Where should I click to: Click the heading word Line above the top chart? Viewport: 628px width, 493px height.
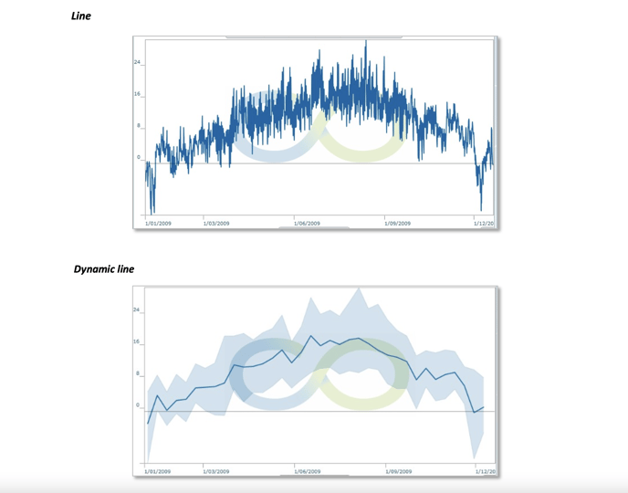tap(81, 16)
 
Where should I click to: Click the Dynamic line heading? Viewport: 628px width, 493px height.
tap(104, 269)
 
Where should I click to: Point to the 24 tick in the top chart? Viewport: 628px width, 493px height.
tap(138, 62)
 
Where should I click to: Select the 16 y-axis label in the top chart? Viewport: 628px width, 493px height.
tap(138, 94)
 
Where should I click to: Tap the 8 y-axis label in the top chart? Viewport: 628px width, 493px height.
tap(139, 126)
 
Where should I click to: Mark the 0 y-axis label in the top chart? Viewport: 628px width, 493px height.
tap(139, 157)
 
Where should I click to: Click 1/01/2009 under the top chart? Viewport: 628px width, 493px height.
tap(158, 223)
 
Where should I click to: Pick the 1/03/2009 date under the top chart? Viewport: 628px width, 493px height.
tap(216, 223)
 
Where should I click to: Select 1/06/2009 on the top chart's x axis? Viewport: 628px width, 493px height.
tap(307, 223)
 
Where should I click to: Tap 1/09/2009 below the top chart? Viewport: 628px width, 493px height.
tap(398, 223)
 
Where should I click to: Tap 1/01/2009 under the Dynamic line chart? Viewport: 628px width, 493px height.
tap(158, 471)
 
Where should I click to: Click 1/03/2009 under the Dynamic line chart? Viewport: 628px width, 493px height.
tap(216, 471)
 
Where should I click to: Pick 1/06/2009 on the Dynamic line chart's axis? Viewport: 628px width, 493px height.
tap(307, 471)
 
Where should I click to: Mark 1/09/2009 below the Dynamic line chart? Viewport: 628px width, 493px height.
tap(398, 471)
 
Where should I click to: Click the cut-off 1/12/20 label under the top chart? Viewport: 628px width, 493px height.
tap(483, 223)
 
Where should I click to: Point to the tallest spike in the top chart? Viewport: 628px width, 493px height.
tap(365, 42)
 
